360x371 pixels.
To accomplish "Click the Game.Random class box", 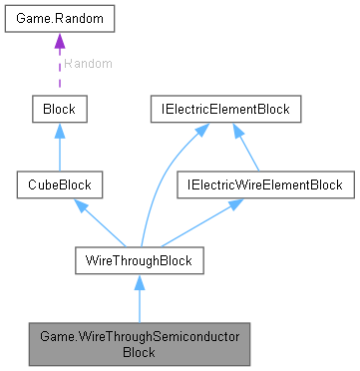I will click(59, 20).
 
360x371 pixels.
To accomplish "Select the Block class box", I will click(59, 107).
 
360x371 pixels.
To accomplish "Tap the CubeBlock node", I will click(59, 185).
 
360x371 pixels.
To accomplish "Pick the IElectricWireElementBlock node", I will click(260, 185).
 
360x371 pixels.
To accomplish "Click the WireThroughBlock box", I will click(139, 261).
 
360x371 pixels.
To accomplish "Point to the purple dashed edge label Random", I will click(88, 63).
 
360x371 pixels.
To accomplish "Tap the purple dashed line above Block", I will click(59, 75).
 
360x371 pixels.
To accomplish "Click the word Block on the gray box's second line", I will click(139, 352).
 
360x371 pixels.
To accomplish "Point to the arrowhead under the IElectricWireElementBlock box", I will click(235, 203).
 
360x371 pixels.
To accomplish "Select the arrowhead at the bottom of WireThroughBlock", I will click(139, 282).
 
